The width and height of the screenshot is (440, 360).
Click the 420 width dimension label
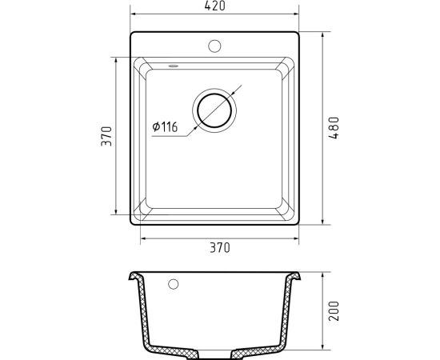(214, 6)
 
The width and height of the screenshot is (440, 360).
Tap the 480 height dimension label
(334, 128)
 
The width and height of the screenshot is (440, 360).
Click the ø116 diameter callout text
(165, 127)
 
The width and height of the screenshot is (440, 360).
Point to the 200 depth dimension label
(334, 311)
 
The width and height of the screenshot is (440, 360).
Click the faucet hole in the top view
(214, 46)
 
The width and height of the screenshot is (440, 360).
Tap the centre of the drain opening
(214, 110)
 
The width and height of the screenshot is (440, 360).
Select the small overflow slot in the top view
(173, 66)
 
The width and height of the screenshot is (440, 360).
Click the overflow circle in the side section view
(173, 284)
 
